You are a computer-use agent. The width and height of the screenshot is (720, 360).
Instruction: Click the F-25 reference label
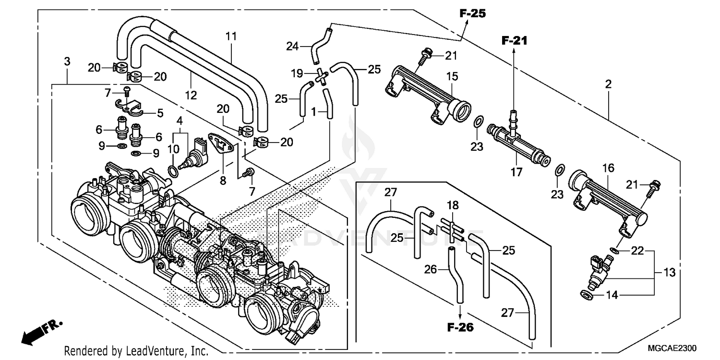point(472,13)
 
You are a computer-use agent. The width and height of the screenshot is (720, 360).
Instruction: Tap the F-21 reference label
point(514,41)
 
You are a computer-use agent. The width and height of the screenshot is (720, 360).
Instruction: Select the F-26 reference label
point(460,328)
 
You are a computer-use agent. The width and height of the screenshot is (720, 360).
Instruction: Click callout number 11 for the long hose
point(231,36)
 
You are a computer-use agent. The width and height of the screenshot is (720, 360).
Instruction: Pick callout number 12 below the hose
point(191,95)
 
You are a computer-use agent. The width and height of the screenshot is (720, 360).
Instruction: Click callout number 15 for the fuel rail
point(453,76)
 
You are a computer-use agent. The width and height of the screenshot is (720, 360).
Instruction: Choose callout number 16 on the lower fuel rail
point(608,168)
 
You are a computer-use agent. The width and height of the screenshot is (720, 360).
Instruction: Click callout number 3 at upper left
point(67,61)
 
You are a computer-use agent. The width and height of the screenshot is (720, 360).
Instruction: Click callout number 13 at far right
point(670,273)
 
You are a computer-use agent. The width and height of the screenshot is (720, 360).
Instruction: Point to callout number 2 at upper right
point(608,84)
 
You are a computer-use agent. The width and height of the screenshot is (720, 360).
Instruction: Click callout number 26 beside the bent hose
point(430,270)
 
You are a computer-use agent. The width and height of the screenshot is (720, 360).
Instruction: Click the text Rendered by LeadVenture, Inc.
point(136,351)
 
